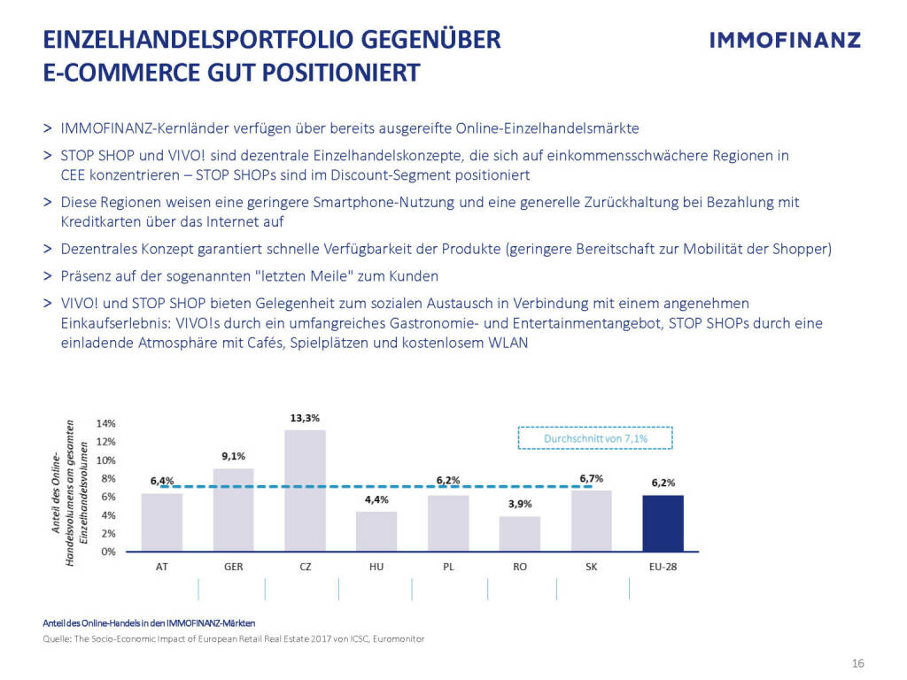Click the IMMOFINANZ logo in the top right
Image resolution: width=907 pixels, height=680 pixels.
[786, 40]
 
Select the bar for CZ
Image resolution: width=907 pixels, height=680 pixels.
[305, 491]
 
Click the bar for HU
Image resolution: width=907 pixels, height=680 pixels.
[376, 531]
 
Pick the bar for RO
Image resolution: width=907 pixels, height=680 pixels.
[520, 533]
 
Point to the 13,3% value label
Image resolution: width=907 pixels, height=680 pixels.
[305, 418]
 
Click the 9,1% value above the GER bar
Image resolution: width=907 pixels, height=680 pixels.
[233, 456]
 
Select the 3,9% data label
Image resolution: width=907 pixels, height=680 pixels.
[520, 504]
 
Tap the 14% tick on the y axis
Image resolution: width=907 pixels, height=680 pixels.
[106, 423]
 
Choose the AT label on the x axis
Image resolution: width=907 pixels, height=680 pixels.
[161, 567]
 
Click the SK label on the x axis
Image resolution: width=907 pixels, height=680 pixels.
[592, 567]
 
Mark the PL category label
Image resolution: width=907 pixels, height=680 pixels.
[448, 567]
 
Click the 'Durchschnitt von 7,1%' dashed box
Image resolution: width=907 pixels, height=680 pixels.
[594, 437]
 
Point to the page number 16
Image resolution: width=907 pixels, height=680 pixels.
[857, 664]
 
